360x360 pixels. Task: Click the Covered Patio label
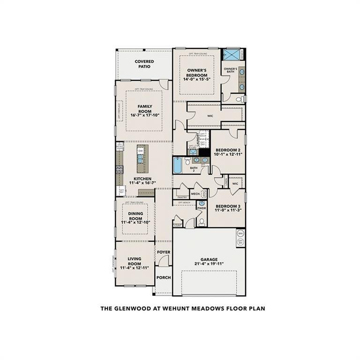point(144,64)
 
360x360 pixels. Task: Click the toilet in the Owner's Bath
point(239,99)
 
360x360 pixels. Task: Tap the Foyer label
point(164,252)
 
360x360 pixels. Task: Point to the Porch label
point(164,277)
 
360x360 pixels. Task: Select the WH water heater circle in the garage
point(240,233)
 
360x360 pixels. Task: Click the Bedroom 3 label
point(228,206)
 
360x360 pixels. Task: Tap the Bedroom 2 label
point(229,150)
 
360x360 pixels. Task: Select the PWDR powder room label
point(202,208)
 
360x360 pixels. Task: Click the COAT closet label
point(178,225)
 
